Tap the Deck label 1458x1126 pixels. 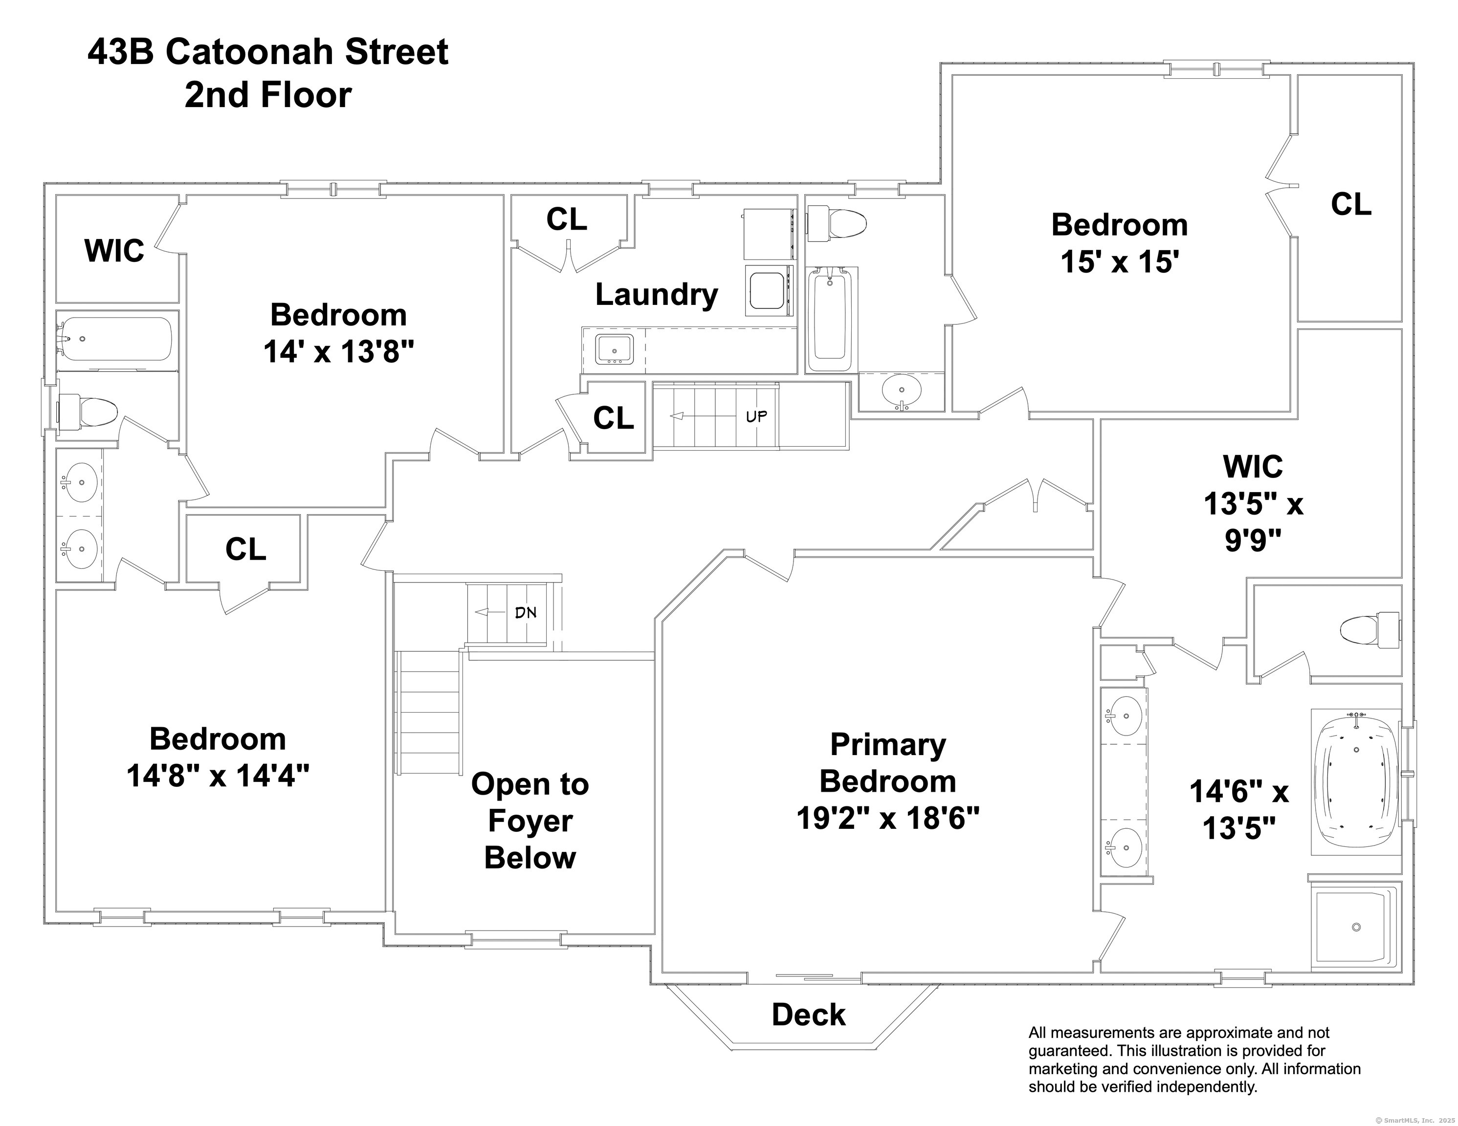click(x=808, y=1015)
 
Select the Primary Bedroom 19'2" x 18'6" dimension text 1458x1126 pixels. click(x=888, y=818)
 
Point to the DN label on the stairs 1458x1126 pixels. click(x=526, y=612)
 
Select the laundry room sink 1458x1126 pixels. click(x=614, y=350)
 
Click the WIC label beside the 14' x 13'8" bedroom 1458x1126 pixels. click(x=114, y=251)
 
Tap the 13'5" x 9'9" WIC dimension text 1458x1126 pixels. click(x=1253, y=522)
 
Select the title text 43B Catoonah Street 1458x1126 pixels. click(x=268, y=52)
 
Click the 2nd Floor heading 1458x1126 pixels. click(x=268, y=95)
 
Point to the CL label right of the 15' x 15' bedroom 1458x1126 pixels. click(x=1351, y=204)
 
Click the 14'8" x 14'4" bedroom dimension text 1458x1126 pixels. click(x=218, y=776)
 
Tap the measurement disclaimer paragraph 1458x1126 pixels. click(x=1194, y=1059)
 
